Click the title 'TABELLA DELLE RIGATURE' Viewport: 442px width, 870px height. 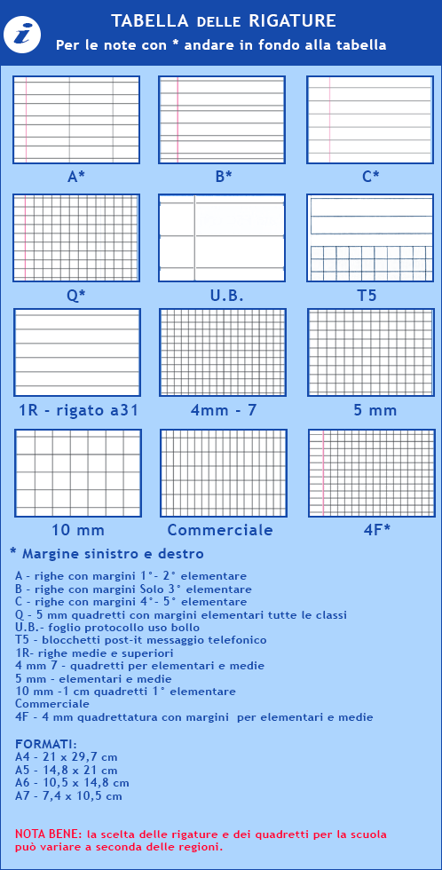tap(223, 20)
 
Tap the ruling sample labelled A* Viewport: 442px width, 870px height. tap(76, 120)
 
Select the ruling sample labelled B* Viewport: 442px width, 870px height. tap(223, 120)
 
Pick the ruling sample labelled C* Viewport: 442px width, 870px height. tap(370, 120)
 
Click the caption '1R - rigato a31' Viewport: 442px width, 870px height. tap(79, 410)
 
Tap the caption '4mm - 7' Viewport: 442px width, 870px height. tap(223, 410)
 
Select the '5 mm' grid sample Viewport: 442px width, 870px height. tap(370, 352)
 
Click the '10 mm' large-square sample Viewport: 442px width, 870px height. tap(77, 473)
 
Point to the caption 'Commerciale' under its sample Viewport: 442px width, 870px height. tap(220, 530)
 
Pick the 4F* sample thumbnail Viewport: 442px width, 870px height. tap(370, 473)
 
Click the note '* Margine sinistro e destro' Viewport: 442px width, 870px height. tap(101, 553)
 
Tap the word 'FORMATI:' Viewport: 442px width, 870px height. tap(46, 744)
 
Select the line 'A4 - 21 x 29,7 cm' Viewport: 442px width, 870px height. tap(67, 756)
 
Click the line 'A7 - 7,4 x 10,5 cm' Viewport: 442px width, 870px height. tap(68, 796)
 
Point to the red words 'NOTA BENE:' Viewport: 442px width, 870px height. tap(49, 834)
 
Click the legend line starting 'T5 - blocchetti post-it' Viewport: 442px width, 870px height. tap(141, 639)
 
